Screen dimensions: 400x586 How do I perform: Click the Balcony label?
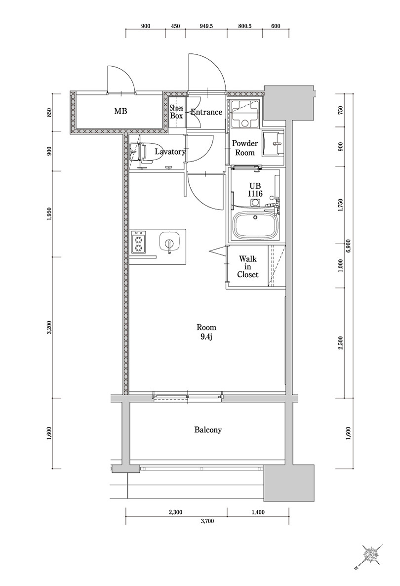208,430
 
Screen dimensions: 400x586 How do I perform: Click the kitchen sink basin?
169,242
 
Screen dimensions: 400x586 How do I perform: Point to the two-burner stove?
139,242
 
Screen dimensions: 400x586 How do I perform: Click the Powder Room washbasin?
274,144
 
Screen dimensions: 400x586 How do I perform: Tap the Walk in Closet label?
248,266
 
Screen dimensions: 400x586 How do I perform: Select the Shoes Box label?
177,111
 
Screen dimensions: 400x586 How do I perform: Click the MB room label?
120,111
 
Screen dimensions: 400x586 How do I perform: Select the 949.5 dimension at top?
206,26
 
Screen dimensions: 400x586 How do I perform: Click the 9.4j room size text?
206,336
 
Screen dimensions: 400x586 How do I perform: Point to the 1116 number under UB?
255,194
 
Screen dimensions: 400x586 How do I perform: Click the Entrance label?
206,112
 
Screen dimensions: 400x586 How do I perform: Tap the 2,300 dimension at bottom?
175,512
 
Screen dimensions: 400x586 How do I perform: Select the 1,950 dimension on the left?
50,214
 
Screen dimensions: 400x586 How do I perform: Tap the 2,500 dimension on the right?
340,343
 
